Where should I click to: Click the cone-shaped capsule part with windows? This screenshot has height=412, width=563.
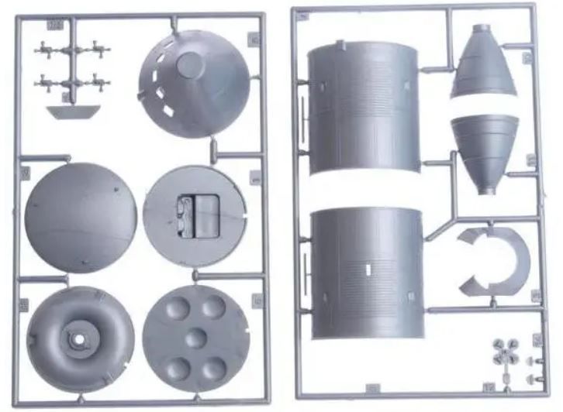tap(195, 84)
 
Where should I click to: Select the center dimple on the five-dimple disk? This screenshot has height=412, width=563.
tap(197, 337)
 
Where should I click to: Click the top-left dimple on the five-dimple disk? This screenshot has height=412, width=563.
tap(177, 310)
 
